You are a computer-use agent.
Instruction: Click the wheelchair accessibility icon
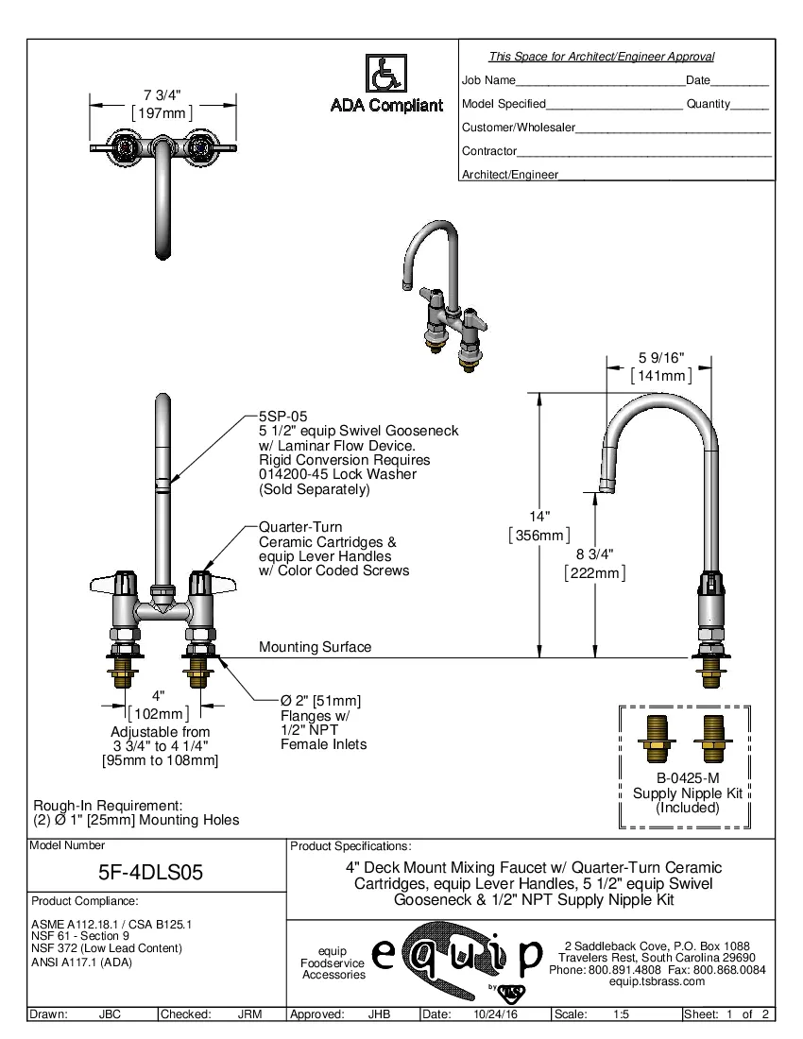tap(384, 73)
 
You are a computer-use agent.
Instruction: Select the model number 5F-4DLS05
tap(151, 874)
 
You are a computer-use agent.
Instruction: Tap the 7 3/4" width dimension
tap(162, 95)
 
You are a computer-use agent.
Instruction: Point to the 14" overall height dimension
tap(539, 517)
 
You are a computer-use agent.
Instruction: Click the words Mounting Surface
tap(315, 647)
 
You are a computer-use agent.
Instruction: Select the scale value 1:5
tap(622, 1014)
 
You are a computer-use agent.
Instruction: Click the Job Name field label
tap(488, 81)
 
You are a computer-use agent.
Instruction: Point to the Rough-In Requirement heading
tap(107, 805)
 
